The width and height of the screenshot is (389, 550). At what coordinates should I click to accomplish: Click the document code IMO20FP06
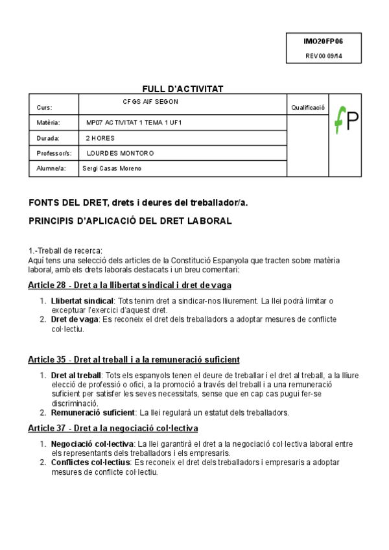[324, 41]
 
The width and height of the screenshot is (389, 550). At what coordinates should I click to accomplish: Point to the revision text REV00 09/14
[324, 56]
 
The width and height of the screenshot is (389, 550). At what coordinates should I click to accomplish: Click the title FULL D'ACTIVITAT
[183, 89]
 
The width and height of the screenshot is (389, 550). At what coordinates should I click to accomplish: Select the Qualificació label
[308, 108]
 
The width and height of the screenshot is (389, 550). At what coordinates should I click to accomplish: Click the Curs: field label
[45, 108]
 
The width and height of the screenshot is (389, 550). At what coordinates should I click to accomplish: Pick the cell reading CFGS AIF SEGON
[150, 102]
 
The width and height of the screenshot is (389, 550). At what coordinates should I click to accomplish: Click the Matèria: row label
[49, 123]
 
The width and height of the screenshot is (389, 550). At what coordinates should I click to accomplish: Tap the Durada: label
[49, 138]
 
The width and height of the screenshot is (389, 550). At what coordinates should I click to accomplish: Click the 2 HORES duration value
[100, 138]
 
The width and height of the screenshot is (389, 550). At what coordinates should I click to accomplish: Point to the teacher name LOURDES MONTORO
[121, 154]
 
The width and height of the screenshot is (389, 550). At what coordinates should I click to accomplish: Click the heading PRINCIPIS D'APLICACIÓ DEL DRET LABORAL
[130, 221]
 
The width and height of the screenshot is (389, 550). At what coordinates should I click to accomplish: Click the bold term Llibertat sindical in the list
[82, 301]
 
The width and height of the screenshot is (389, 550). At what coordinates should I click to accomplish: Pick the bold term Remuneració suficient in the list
[93, 413]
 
